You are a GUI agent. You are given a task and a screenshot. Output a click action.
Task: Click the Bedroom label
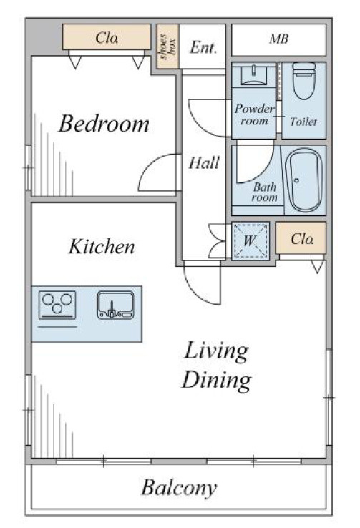pyautogui.click(x=104, y=124)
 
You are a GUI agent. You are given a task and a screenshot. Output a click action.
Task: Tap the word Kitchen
pyautogui.click(x=102, y=246)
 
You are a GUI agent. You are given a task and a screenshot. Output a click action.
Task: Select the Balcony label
pyautogui.click(x=179, y=487)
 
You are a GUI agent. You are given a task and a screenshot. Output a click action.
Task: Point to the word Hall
pyautogui.click(x=204, y=162)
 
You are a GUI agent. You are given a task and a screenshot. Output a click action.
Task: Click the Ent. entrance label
pyautogui.click(x=203, y=47)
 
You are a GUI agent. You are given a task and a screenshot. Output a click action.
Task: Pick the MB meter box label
pyautogui.click(x=279, y=39)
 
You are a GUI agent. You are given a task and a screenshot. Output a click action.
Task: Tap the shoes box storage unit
pyautogui.click(x=167, y=46)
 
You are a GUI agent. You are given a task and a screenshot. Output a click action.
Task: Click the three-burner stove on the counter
pyautogui.click(x=57, y=305)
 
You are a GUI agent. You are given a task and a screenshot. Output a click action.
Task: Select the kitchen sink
pyautogui.click(x=116, y=305)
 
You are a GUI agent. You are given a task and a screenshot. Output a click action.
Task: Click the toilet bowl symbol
pyautogui.click(x=303, y=80)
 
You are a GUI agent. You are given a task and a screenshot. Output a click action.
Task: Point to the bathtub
pyautogui.click(x=303, y=180)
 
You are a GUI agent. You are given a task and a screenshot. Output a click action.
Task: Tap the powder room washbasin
pyautogui.click(x=254, y=75)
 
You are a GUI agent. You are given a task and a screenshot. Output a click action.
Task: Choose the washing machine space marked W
pyautogui.click(x=250, y=241)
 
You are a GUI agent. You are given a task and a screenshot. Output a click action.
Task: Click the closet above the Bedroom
pyautogui.click(x=107, y=37)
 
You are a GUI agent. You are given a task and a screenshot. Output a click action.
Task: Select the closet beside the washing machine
pyautogui.click(x=301, y=238)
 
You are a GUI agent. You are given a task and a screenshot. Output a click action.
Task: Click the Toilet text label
pyautogui.click(x=303, y=121)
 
